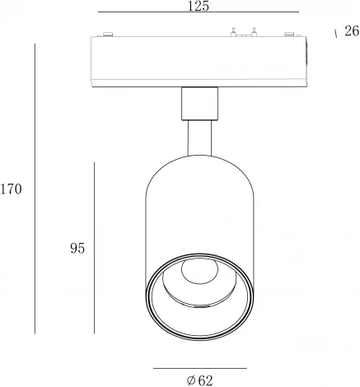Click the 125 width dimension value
click(x=199, y=6)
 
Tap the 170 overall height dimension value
click(x=11, y=189)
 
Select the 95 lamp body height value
click(x=77, y=249)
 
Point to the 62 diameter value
click(x=205, y=380)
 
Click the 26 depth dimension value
click(x=352, y=31)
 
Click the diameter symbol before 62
click(x=191, y=380)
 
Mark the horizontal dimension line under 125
click(x=199, y=12)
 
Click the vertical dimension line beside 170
click(x=35, y=189)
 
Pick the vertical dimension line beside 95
click(x=94, y=248)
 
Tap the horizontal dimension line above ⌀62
click(x=200, y=368)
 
